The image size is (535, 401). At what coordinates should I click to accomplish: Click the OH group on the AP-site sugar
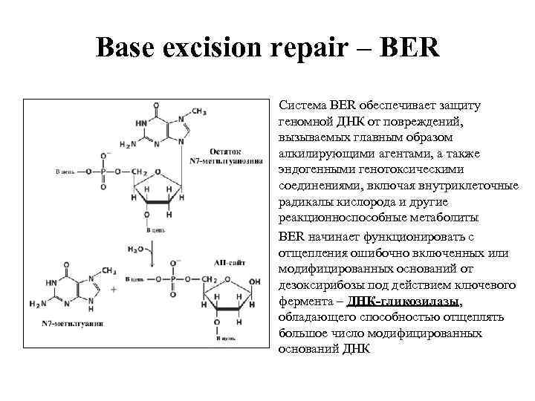(x=255, y=281)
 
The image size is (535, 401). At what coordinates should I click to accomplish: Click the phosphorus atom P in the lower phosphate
(x=175, y=279)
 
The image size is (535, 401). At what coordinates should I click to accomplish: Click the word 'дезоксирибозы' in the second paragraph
(x=318, y=286)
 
